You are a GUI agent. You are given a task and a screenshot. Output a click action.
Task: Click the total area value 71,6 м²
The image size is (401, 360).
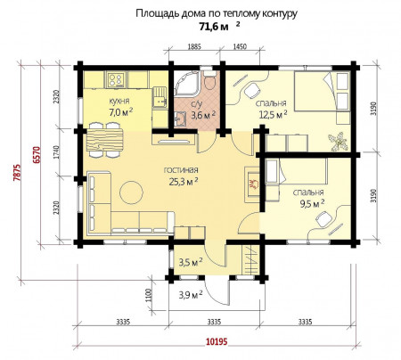click(219, 27)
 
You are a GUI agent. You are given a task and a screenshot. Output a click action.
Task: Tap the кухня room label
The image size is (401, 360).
click(119, 101)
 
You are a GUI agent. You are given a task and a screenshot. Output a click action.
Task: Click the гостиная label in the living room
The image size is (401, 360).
click(181, 170)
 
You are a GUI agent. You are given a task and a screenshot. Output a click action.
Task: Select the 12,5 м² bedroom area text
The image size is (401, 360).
click(273, 114)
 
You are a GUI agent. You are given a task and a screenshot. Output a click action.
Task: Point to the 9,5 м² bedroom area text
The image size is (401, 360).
click(312, 203)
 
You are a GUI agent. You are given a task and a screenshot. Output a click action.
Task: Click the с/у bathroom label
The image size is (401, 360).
click(196, 104)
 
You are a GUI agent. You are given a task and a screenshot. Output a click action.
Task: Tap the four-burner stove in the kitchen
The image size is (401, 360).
click(116, 79)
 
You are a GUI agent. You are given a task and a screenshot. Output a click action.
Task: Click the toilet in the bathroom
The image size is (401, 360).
click(209, 81)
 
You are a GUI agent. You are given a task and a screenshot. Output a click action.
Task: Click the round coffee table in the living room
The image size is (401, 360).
click(131, 192)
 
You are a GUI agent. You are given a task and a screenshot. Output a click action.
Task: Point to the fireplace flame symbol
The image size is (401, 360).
click(254, 184)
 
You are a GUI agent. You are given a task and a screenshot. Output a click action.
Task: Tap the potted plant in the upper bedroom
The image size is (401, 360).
click(338, 142)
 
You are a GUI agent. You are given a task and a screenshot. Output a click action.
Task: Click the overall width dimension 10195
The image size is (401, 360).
click(217, 341)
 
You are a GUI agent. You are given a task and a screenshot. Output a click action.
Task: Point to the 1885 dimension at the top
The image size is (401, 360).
click(195, 46)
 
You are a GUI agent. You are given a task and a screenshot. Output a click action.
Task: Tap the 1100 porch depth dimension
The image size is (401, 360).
click(149, 296)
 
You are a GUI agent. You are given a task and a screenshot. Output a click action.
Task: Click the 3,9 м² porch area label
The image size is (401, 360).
click(191, 295)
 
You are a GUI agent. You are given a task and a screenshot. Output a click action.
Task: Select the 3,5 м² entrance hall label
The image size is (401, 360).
click(191, 262)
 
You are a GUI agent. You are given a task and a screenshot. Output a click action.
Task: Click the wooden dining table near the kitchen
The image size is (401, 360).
click(105, 140)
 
